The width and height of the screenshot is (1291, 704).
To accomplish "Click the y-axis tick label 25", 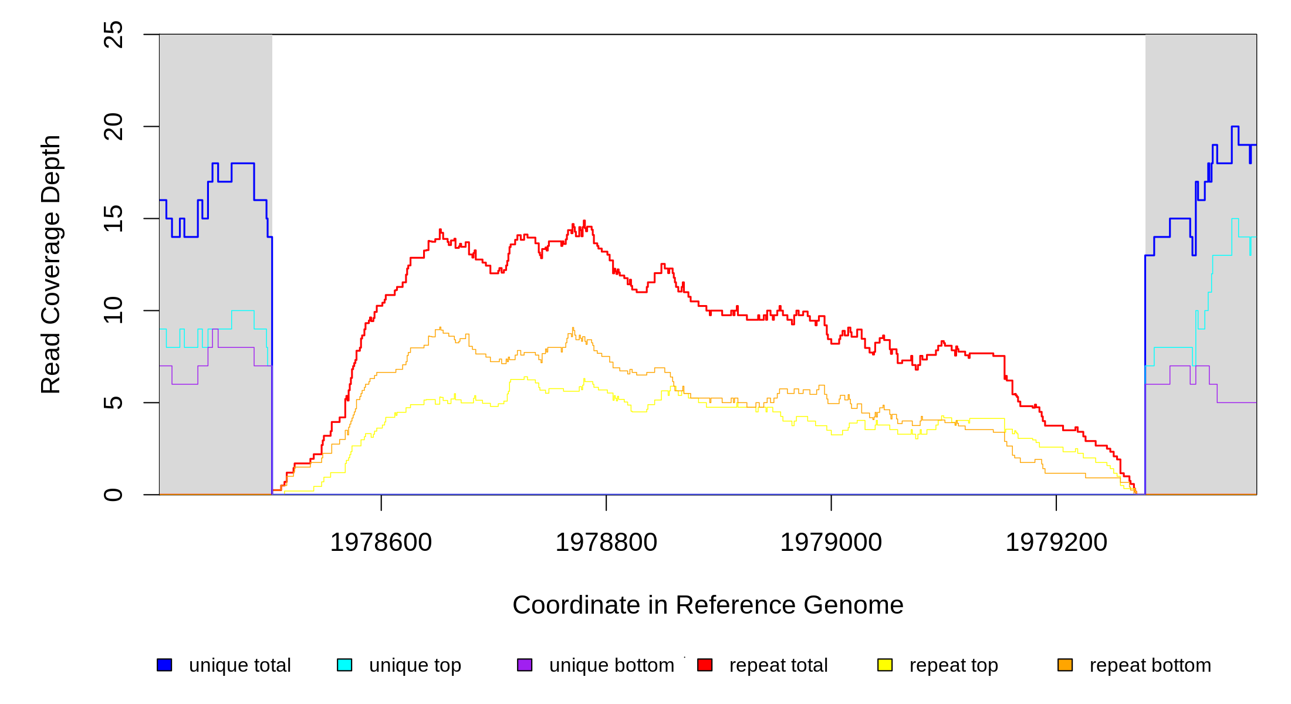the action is [x=113, y=35].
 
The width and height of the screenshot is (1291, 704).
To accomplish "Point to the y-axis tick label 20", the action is [x=113, y=127].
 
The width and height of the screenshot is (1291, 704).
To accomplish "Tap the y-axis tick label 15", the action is [x=113, y=218].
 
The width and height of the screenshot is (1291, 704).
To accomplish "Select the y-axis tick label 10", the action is [x=113, y=310].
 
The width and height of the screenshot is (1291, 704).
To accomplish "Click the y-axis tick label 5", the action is [x=113, y=402].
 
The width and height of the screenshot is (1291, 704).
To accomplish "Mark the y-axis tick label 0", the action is [x=113, y=495].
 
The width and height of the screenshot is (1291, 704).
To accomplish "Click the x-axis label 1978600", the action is [x=381, y=542].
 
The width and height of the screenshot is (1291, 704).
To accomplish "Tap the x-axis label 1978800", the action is [x=606, y=542].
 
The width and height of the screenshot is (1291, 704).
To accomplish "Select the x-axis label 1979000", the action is [x=831, y=542].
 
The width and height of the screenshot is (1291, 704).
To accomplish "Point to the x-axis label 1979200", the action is [x=1056, y=542].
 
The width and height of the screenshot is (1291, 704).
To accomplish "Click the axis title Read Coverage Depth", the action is [x=50, y=265].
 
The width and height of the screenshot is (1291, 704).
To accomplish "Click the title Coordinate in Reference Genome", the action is [x=708, y=605].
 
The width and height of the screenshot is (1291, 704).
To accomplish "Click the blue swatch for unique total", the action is [x=164, y=665].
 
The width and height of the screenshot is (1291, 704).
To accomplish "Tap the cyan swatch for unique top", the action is [x=344, y=665].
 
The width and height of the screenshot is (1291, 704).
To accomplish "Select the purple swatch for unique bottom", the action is [x=525, y=665].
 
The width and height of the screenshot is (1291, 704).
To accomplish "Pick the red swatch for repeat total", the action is [x=705, y=665].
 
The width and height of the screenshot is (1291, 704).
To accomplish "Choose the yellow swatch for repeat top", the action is [x=885, y=665].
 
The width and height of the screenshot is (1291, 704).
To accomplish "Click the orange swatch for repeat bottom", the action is [x=1065, y=665].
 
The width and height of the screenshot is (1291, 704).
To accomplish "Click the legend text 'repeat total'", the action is [x=778, y=665].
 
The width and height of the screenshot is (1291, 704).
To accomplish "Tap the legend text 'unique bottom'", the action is [x=611, y=665].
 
